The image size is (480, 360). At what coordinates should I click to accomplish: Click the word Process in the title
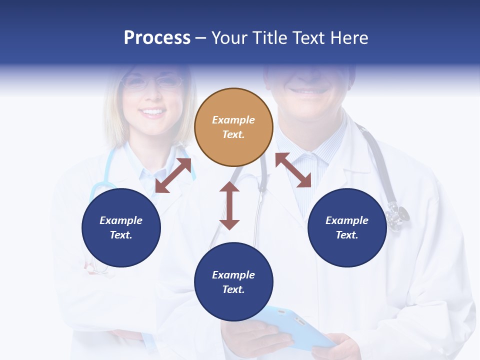point(157,38)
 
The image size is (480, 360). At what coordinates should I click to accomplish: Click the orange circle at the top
point(233,127)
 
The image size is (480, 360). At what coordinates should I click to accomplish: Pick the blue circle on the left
point(121,227)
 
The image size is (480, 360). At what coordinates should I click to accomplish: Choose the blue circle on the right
point(347,227)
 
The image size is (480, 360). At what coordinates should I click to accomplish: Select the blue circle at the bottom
point(233,282)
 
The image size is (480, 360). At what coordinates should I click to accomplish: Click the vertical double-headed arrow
point(229,205)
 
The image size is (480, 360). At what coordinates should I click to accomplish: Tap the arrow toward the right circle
point(293,170)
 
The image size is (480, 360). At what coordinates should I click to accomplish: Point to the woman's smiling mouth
point(154,112)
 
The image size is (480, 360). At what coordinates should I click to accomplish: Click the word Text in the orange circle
point(233,134)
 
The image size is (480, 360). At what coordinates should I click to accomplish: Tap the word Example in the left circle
point(121,220)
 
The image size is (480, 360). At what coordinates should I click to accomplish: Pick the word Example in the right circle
point(347,220)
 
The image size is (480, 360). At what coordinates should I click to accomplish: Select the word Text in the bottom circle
point(233,289)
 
